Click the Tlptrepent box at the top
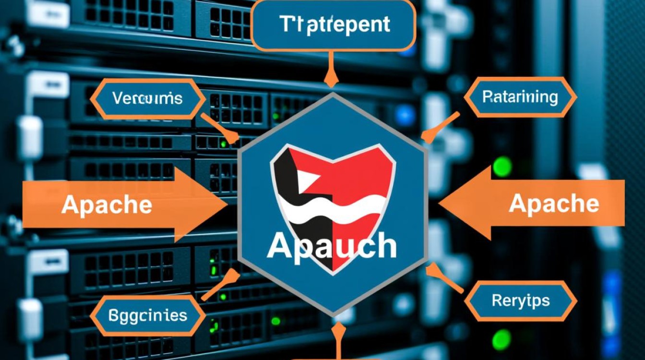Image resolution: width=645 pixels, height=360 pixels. pyautogui.click(x=333, y=25)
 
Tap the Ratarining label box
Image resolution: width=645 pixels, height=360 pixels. pyautogui.click(x=520, y=98)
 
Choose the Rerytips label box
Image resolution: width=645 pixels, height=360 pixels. pyautogui.click(x=520, y=301)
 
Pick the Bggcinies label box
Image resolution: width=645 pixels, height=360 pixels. pyautogui.click(x=147, y=316)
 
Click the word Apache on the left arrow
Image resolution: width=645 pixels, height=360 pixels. pyautogui.click(x=107, y=205)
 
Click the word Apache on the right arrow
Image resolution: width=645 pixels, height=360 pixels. pyautogui.click(x=553, y=204)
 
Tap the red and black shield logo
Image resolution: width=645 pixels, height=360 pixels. pyautogui.click(x=332, y=192)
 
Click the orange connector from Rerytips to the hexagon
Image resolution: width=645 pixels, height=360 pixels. pyautogui.click(x=443, y=281)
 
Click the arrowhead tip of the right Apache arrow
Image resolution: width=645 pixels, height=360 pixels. pyautogui.click(x=440, y=204)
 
